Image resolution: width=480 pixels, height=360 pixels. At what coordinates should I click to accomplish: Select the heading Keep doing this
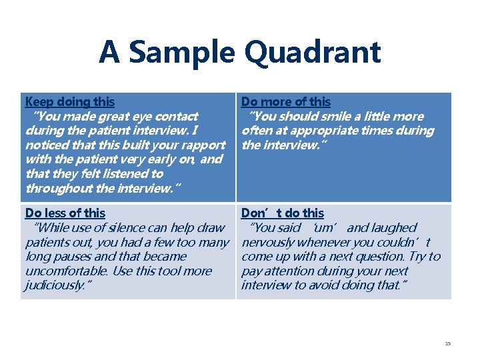pos(69,102)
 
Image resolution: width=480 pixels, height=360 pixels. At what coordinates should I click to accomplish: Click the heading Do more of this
pos(285,102)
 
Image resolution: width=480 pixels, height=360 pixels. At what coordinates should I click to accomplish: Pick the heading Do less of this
pos(65,213)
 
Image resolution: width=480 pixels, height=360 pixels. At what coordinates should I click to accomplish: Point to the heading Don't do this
pos(282,213)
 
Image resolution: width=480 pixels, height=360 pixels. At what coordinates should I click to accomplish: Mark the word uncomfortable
pos(62,271)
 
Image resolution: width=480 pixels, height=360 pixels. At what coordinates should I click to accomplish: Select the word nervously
pos(270,243)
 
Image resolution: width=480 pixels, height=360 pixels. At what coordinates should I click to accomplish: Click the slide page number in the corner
pos(447,343)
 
